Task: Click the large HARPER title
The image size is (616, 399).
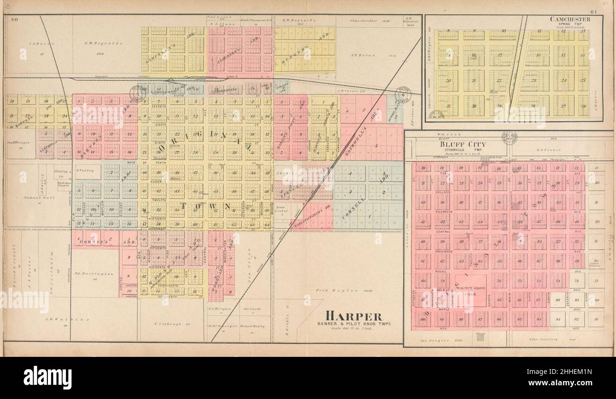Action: click(353, 316)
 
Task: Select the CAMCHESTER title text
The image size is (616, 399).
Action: click(570, 19)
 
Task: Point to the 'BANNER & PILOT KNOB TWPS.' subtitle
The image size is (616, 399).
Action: click(354, 324)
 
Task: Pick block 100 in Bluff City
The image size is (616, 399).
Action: click(423, 319)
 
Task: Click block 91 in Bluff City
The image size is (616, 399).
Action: click(597, 319)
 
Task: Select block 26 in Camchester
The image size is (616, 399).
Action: click(583, 106)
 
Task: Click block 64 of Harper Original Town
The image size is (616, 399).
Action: click(266, 224)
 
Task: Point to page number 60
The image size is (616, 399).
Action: click(14, 19)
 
